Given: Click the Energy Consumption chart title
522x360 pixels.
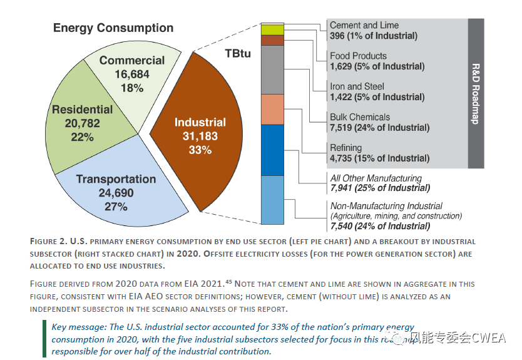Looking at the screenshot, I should (113, 28).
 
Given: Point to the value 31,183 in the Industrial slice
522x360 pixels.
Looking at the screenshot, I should (200, 136).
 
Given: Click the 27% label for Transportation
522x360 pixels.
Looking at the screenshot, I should (116, 207).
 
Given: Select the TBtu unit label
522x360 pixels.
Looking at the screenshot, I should (237, 54).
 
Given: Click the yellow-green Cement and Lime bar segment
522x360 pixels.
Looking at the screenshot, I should (273, 29).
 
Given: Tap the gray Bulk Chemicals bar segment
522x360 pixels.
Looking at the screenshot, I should (273, 69).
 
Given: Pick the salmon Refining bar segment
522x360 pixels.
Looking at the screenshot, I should (273, 109).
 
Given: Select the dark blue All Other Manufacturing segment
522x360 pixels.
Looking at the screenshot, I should (273, 150).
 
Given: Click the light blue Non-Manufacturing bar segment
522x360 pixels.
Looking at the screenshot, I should (273, 200).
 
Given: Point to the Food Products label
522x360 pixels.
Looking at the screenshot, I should (358, 56).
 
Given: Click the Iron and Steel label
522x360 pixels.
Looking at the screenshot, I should (357, 86).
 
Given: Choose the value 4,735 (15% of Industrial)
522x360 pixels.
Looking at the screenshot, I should (379, 158).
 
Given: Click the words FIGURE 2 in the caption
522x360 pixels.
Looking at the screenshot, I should (52, 242).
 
